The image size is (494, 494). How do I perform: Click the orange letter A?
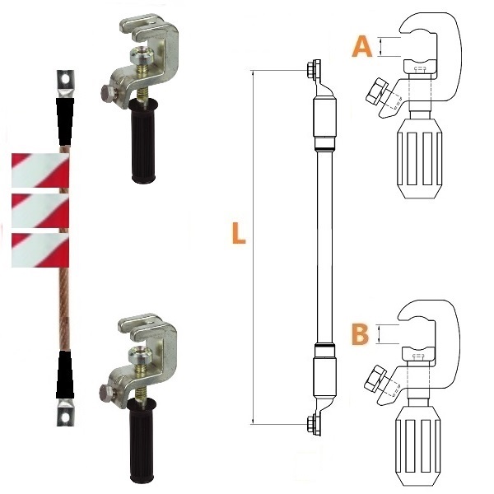coord(362,46)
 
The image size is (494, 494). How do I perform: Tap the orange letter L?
coord(238,233)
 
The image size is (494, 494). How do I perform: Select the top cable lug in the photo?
coord(65,84)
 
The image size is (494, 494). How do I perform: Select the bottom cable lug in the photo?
coord(65,412)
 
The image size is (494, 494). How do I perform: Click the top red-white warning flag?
coord(40,170)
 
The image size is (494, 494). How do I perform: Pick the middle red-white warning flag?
coord(40,211)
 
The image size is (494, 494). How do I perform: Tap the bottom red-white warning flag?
coord(40,250)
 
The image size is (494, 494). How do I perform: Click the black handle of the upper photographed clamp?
coord(143,141)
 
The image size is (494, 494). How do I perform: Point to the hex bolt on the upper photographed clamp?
coord(108,94)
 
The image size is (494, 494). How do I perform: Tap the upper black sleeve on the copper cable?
coord(65,121)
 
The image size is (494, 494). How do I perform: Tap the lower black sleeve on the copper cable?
coord(65,375)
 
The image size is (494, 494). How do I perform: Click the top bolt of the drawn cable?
coord(313,68)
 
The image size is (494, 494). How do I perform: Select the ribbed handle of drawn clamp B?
coord(417,445)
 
